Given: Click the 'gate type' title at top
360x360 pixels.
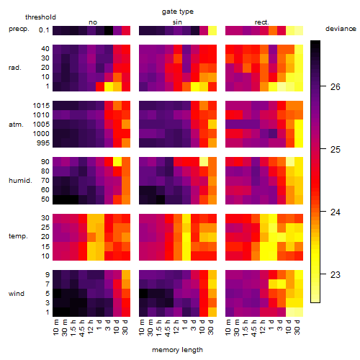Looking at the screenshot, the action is click(178, 12).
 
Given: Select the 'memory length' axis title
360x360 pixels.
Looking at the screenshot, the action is click(177, 350).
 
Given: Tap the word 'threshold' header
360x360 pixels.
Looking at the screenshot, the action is click(40, 17).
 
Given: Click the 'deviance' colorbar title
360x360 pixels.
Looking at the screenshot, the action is click(341, 29).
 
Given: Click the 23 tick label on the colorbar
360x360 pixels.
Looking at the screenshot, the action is click(335, 274).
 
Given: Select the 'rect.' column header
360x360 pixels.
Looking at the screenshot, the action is click(262, 22).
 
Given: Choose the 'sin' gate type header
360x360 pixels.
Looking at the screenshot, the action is click(177, 22).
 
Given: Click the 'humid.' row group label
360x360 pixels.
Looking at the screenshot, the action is click(20, 181).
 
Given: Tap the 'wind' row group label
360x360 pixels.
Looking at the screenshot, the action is click(17, 294).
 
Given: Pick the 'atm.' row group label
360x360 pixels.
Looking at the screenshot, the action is click(16, 125).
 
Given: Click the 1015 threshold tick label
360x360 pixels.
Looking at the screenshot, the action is click(41, 106).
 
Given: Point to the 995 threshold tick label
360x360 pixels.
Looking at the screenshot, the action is click(43, 143).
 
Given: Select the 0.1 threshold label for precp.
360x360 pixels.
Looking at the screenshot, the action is click(44, 30).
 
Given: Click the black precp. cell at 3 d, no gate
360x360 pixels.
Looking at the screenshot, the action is click(109, 30).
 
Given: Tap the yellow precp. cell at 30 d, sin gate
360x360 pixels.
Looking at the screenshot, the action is click(212, 30).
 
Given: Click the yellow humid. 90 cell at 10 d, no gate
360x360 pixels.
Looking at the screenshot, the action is click(117, 161).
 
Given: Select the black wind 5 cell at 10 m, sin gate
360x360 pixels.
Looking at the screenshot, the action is click(143, 293).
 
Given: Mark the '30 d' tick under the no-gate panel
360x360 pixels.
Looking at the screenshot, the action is click(125, 327).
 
